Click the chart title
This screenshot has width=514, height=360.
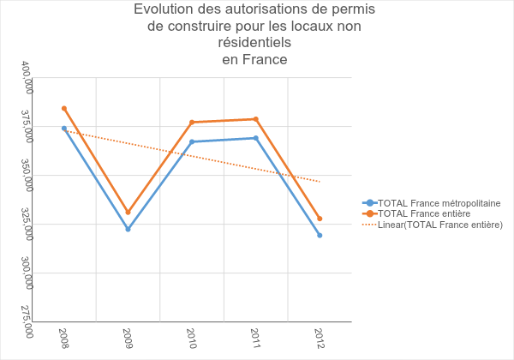click(254, 34)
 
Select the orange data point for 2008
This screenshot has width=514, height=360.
click(64, 109)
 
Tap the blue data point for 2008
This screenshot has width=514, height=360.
click(64, 129)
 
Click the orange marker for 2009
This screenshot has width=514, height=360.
click(128, 212)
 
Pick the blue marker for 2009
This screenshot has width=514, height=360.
click(128, 229)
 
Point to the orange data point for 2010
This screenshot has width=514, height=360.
click(192, 123)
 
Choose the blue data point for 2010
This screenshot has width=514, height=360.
click(192, 141)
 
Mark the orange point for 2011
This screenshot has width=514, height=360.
click(255, 119)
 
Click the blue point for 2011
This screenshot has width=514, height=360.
click(255, 138)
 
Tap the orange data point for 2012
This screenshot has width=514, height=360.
click(320, 219)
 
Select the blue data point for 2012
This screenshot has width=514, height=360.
click(320, 235)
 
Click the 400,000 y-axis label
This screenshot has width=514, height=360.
click(27, 77)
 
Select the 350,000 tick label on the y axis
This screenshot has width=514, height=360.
click(27, 175)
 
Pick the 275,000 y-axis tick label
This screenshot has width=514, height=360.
click(27, 321)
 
